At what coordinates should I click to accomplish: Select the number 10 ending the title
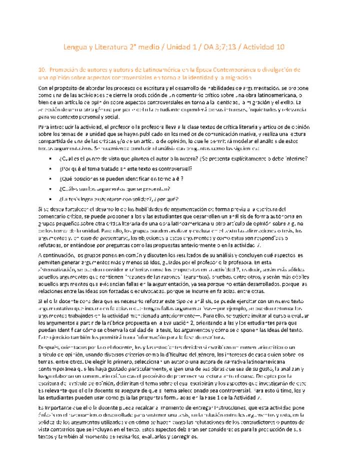[280, 47]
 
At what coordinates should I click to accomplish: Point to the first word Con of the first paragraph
[43, 88]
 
